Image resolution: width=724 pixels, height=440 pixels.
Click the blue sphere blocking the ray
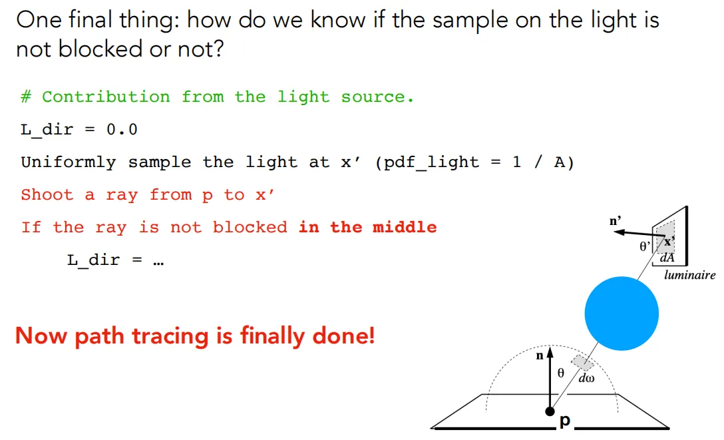pos(622,314)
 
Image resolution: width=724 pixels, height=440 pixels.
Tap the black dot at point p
pos(550,411)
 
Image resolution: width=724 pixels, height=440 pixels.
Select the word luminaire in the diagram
pos(690,275)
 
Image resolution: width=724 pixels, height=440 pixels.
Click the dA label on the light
pos(667,257)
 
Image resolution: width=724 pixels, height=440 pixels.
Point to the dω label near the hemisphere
pos(586,379)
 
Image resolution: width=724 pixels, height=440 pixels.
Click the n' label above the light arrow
pos(615,221)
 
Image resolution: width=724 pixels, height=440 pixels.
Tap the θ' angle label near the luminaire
pos(645,246)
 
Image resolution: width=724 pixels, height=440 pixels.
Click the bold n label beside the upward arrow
pos(540,356)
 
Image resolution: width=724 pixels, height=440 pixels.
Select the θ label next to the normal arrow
pos(560,373)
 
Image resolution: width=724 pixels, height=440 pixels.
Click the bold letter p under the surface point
pos(565,421)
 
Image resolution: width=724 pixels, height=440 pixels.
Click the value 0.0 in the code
pos(122,130)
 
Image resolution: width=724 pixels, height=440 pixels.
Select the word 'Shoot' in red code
pos(47,195)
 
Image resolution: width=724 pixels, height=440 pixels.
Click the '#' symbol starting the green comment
pos(26,97)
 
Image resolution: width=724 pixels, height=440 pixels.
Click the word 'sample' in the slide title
pos(470,21)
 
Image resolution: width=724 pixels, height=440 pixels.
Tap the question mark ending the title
pos(218,49)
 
